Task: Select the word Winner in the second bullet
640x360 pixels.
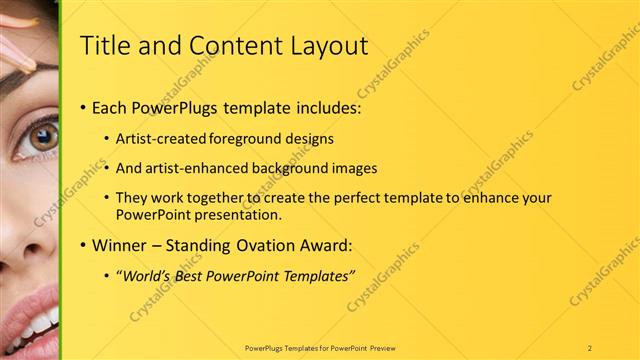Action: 120,244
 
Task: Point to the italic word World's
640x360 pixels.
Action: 146,275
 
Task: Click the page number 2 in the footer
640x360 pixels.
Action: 590,347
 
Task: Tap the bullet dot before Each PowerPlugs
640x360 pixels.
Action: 81,108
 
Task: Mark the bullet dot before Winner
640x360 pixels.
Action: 81,245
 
